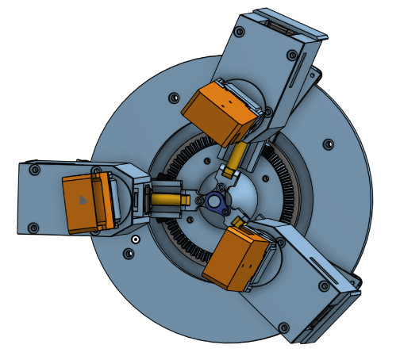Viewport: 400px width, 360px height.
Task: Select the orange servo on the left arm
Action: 86,203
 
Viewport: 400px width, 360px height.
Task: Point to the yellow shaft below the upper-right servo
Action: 236,159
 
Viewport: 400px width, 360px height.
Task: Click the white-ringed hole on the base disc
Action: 136,238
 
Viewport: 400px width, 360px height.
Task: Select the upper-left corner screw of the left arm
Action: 33,170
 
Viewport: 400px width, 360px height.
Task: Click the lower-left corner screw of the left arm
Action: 33,228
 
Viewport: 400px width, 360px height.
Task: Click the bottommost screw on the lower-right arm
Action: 283,324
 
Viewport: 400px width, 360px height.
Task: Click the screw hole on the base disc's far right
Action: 327,144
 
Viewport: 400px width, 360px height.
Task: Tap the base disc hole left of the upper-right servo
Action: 173,97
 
